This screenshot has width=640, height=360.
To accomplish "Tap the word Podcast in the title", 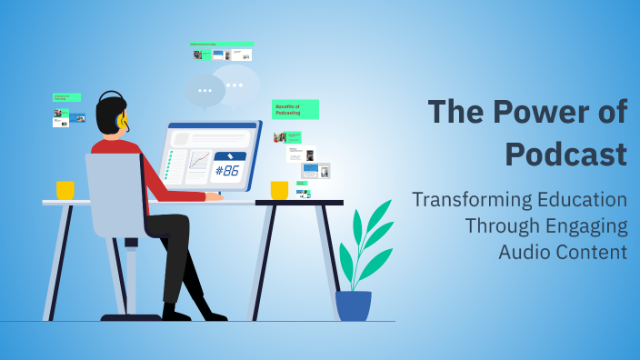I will tap(565, 153).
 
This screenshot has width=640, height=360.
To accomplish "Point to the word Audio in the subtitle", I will tap(525, 252).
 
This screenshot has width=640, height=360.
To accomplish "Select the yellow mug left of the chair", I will tap(65, 190).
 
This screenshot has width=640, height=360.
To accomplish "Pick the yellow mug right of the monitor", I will tap(279, 190).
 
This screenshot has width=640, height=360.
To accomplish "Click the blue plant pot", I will tap(354, 305).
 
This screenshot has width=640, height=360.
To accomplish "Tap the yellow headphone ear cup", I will tap(122, 121).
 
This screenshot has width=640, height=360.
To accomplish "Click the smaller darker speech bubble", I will tap(205, 90).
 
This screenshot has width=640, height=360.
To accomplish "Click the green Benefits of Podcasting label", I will tap(295, 109).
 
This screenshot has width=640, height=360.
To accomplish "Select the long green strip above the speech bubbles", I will tap(221, 44).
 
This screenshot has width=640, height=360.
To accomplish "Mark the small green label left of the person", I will tap(66, 96).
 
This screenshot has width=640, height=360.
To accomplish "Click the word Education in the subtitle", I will tap(582, 200).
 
